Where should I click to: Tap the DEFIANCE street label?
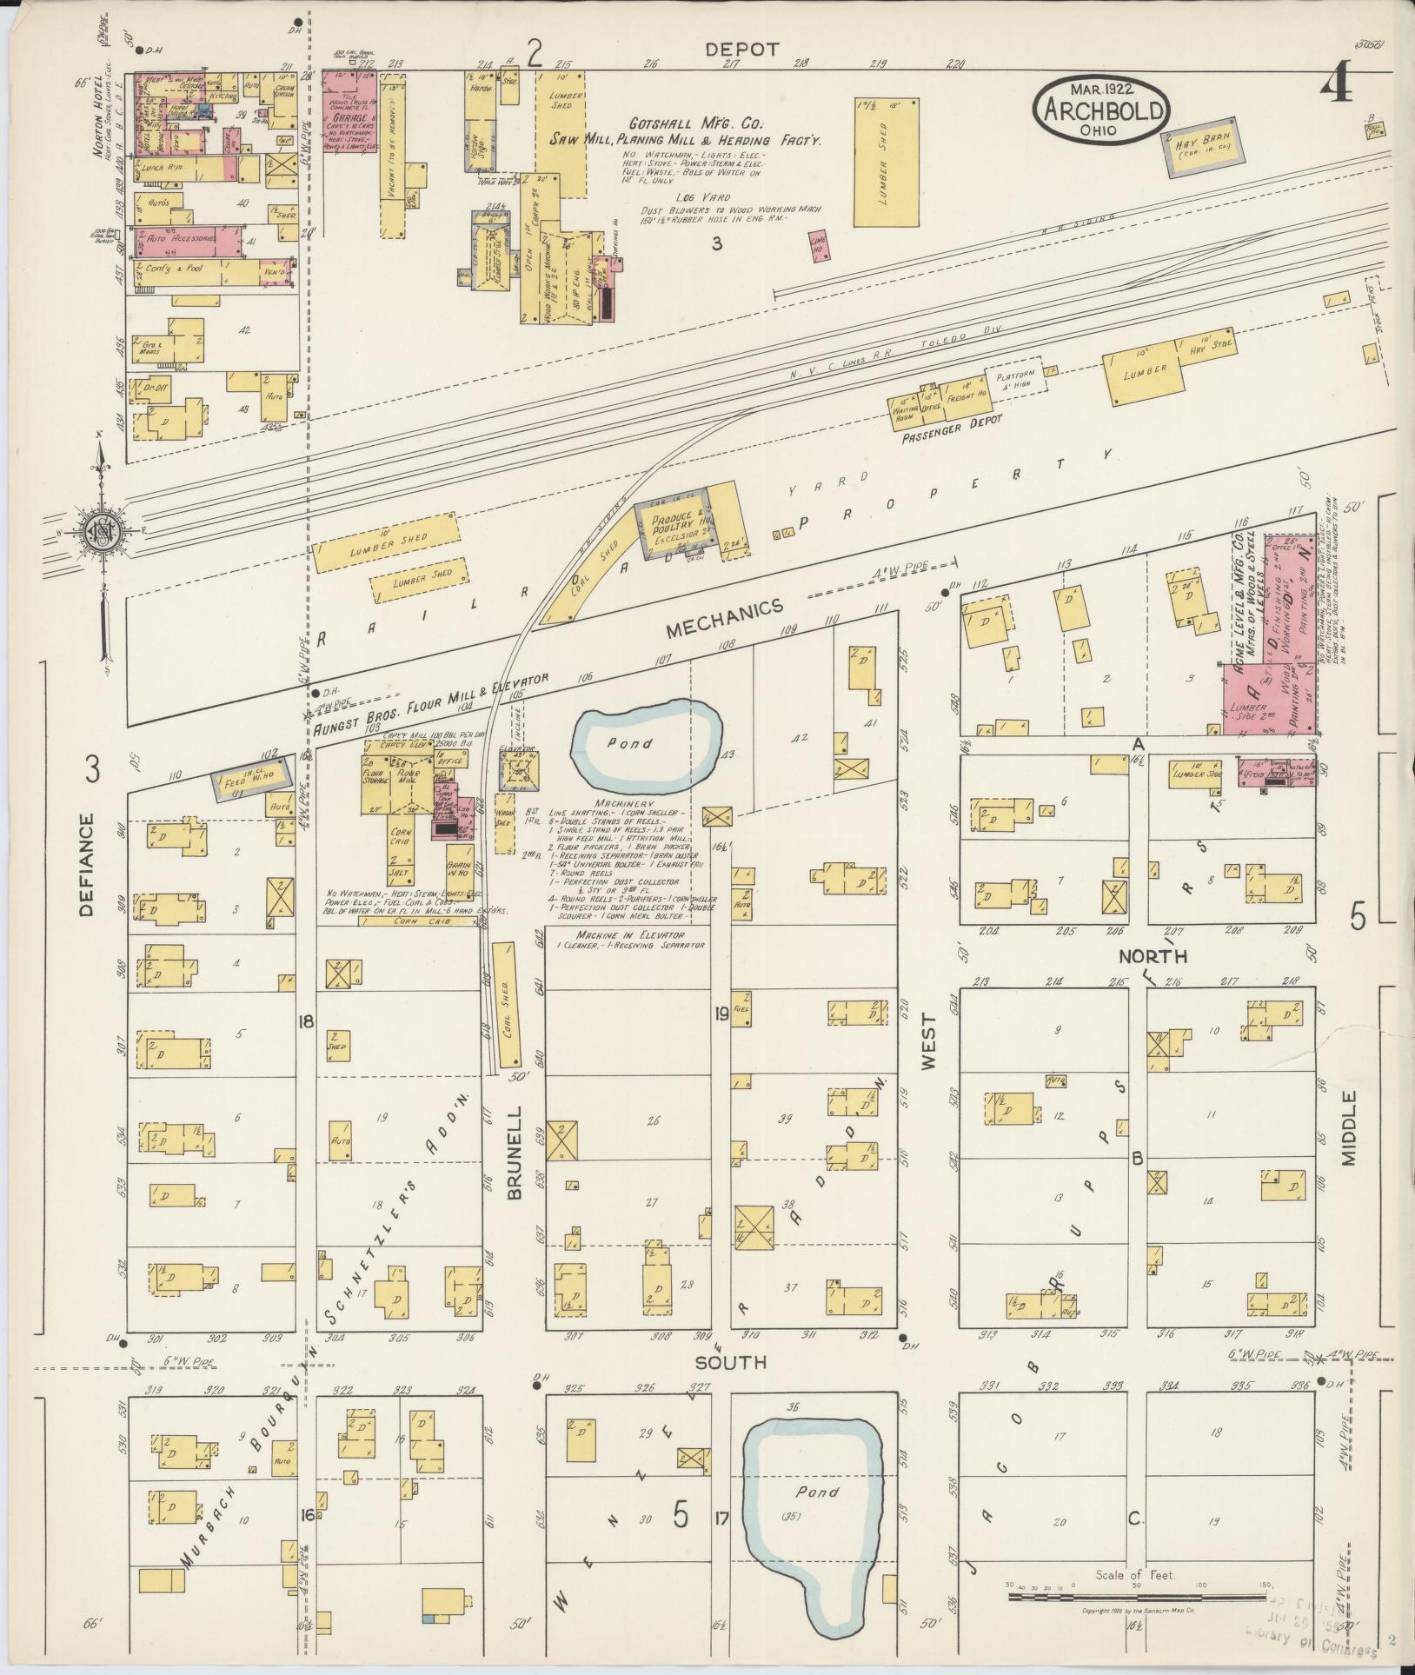tap(86, 865)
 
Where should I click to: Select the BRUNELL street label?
tap(514, 1153)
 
